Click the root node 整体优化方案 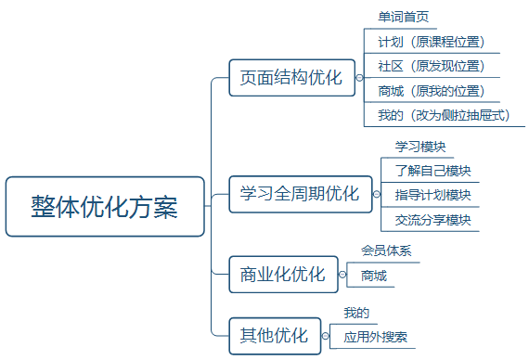104,206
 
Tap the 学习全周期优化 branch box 300,194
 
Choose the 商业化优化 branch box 282,275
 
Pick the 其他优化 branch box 274,336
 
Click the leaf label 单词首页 403,18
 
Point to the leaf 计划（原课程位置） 432,42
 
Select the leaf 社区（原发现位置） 432,66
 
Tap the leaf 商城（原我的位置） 432,91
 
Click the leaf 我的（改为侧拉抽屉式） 445,115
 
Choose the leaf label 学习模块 421,147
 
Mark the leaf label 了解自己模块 432,171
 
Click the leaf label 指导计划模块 432,195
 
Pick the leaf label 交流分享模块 432,220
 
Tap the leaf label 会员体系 386,251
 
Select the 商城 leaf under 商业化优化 374,276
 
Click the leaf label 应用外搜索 375,337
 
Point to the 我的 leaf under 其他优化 356,313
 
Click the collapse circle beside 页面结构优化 359,78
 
